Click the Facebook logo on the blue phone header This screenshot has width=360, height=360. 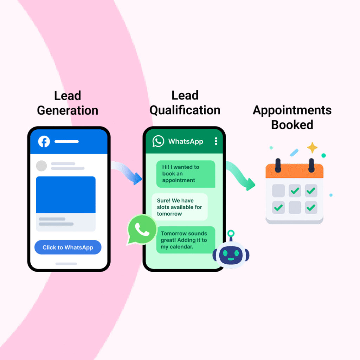click(x=44, y=142)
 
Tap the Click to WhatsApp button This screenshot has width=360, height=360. click(x=68, y=247)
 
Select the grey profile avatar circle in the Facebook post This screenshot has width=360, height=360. click(x=41, y=166)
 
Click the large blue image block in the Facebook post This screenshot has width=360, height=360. click(x=66, y=195)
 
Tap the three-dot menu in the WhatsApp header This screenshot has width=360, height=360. click(x=216, y=141)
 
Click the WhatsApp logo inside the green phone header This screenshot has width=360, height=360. click(x=158, y=141)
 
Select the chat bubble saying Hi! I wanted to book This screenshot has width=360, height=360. click(x=186, y=174)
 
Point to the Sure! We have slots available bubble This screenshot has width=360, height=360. click(x=179, y=207)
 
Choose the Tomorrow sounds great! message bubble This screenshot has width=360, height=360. click(x=185, y=240)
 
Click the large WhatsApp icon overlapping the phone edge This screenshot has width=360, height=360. click(x=142, y=230)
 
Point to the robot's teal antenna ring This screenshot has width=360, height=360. click(x=231, y=233)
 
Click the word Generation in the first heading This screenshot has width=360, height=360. click(x=67, y=110)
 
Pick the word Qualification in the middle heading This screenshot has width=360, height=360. click(x=185, y=110)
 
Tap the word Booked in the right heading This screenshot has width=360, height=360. click(x=292, y=125)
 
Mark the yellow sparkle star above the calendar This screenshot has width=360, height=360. click(x=312, y=147)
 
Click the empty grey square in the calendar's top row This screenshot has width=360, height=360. click(x=278, y=191)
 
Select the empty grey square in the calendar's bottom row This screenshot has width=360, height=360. click(x=295, y=207)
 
